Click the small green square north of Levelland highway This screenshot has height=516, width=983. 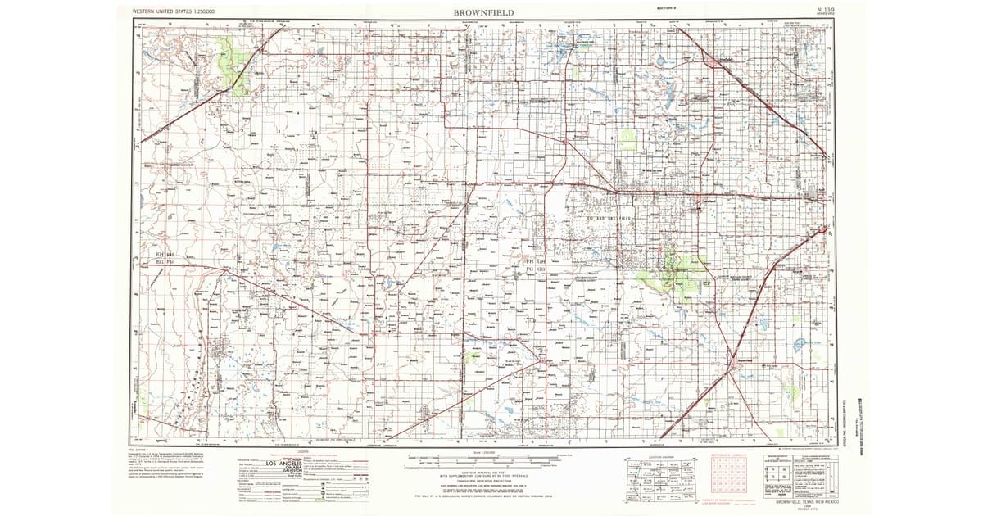[627, 139]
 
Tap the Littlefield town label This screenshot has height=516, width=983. [715, 61]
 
